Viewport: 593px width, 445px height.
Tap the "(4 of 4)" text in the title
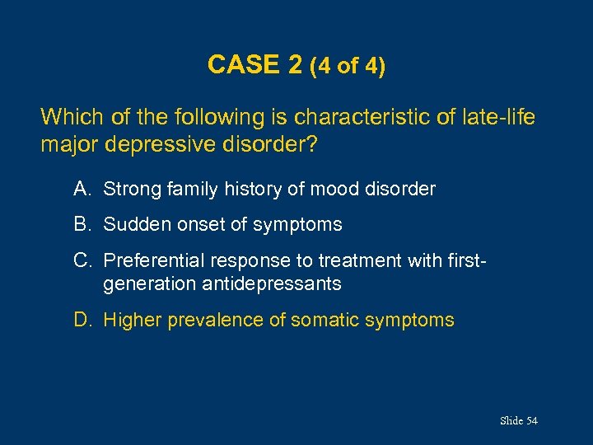(x=347, y=66)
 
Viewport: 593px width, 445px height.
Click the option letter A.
(x=81, y=189)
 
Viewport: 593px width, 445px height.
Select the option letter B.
(x=81, y=224)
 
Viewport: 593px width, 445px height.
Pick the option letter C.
(x=81, y=260)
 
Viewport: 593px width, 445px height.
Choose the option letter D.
(x=81, y=320)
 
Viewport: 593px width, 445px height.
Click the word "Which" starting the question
(x=67, y=117)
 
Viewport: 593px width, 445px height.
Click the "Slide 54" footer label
(x=518, y=421)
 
